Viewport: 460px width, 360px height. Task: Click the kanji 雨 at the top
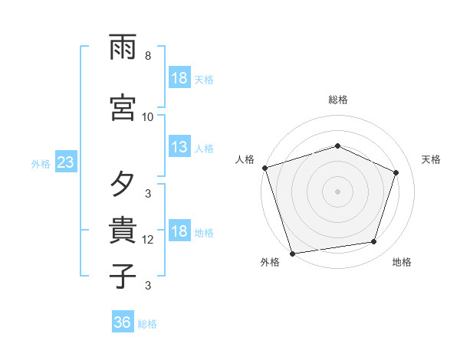pos(123,50)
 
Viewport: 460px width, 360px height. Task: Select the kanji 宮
pos(123,107)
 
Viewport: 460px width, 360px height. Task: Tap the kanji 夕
pos(123,185)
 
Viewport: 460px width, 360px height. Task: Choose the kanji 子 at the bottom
pos(123,275)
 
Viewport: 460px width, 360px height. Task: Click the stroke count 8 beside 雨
pos(148,56)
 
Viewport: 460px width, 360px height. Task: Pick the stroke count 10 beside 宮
pos(148,116)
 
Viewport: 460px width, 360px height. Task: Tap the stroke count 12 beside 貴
pos(148,240)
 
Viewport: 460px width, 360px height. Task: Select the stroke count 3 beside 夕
pos(148,193)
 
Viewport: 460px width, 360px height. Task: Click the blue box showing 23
pos(65,163)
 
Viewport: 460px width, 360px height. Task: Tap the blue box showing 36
pos(123,322)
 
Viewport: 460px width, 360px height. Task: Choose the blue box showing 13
pos(179,148)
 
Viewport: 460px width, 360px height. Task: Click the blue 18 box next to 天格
pos(179,79)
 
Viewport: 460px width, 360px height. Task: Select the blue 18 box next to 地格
pos(179,232)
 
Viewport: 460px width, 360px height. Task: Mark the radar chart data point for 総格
pos(337,146)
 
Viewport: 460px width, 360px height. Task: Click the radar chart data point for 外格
pos(292,253)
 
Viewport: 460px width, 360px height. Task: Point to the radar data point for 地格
pos(374,242)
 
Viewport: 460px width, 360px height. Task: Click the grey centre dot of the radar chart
pos(337,191)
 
